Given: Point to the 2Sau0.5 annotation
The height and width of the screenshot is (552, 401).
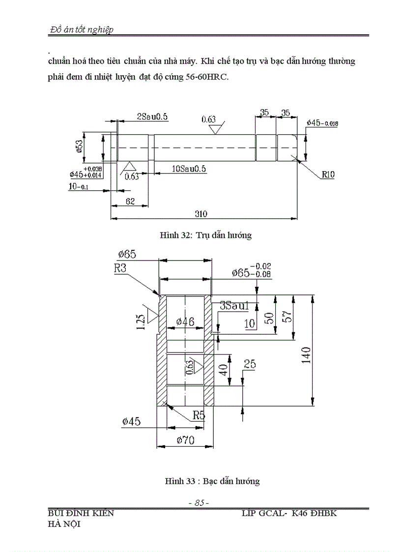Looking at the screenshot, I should pos(152,116).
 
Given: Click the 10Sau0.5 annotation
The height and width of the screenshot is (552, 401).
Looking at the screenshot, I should pos(189,169).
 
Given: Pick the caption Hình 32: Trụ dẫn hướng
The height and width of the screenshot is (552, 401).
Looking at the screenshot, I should pos(205,235).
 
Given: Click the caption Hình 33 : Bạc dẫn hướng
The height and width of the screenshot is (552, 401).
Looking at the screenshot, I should pos(212,481).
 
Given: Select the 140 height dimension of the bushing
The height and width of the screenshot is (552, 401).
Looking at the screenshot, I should pos(306,354).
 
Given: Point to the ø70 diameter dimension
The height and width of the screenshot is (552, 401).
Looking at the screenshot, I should pos(185,440).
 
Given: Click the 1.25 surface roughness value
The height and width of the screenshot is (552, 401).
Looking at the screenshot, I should pos(141,322).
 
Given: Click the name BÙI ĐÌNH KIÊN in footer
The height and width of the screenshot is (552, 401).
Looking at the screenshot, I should pos(79,513).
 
